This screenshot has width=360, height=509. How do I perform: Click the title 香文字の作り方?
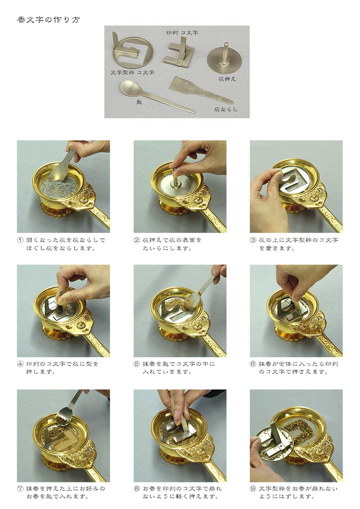(48, 20)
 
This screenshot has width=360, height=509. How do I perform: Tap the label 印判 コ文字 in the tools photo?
(182, 33)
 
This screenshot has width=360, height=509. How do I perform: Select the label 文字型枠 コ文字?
(132, 73)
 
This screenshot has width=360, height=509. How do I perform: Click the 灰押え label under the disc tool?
(227, 79)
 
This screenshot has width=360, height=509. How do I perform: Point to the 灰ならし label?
(226, 109)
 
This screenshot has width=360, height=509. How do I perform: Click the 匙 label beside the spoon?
(139, 102)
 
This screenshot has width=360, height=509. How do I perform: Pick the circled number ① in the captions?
(20, 240)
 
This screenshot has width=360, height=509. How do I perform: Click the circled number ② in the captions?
(137, 240)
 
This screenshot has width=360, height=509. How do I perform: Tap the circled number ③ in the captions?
(253, 240)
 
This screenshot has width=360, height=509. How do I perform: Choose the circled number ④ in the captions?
(20, 364)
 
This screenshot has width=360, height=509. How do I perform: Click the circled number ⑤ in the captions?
(137, 364)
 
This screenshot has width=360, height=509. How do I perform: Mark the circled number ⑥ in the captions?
(253, 364)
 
